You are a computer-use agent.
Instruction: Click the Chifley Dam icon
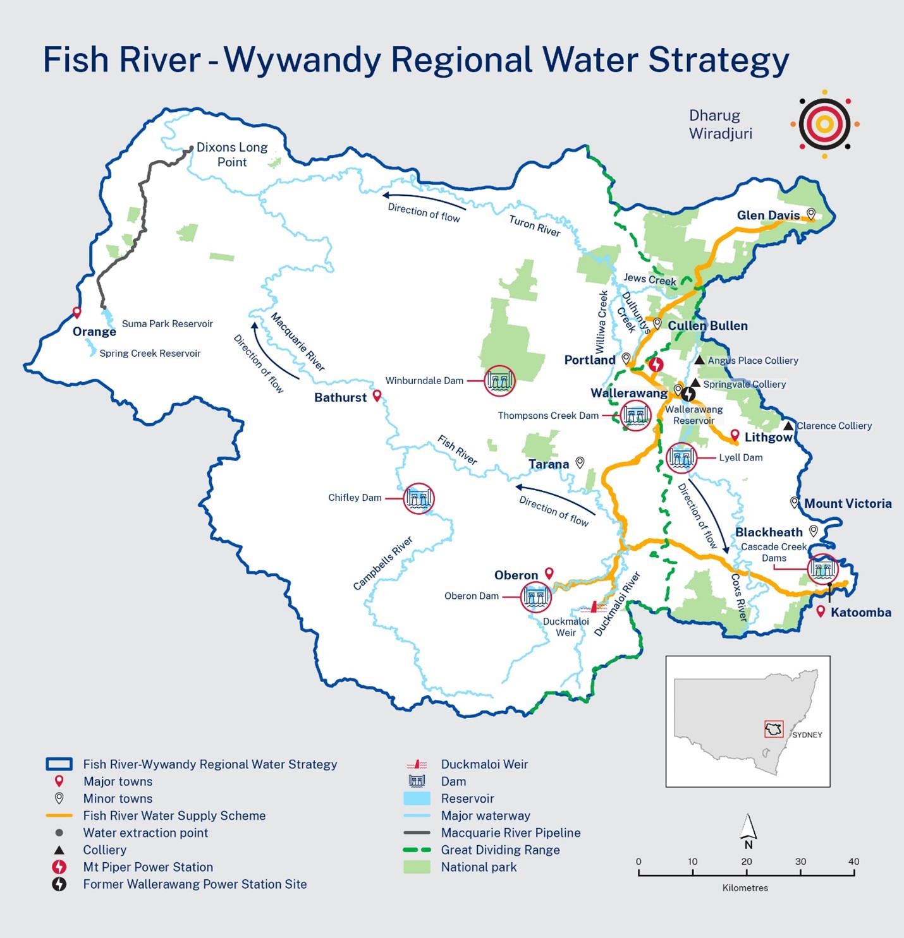pos(418,498)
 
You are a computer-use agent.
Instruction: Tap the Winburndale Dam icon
pos(499,380)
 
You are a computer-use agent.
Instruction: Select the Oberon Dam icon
pos(535,596)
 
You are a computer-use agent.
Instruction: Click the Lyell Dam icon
pos(681,457)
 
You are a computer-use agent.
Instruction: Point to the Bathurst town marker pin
pos(377,396)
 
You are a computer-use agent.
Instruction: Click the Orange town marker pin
pos(77,312)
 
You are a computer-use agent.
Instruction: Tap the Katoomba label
pos(860,612)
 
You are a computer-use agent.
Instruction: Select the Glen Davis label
pos(768,215)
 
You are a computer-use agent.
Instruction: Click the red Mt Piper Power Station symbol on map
pos(657,364)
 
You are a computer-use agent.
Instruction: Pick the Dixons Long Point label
pos(232,155)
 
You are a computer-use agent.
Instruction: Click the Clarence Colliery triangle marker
pos(788,426)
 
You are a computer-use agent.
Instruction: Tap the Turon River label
pos(534,225)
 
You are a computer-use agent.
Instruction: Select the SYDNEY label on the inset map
pos(807,735)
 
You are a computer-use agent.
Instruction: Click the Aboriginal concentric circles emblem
pos(824,124)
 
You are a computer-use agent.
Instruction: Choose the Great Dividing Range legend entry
pos(500,850)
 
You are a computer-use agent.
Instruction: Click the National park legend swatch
pos(417,867)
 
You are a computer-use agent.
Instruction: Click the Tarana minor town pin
pos(580,462)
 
